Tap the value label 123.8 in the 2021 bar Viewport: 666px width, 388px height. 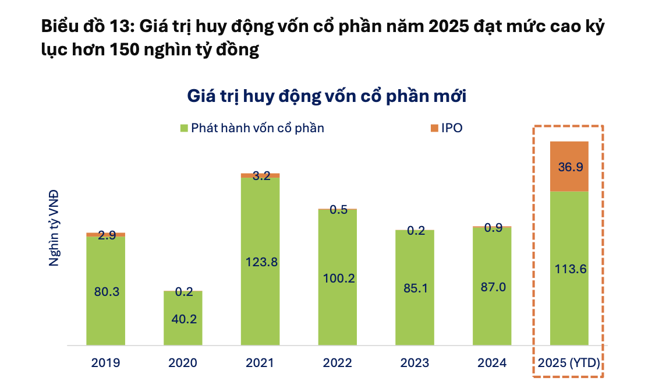click(260, 262)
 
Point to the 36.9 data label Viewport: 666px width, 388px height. click(569, 167)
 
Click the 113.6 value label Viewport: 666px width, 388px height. click(569, 269)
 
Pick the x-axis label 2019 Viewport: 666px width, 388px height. click(105, 364)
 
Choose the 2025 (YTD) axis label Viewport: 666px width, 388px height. click(569, 364)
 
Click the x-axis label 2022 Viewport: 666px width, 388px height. click(337, 364)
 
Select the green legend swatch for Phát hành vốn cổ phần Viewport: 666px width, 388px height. click(183, 128)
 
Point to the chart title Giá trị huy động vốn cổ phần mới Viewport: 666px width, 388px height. click(327, 96)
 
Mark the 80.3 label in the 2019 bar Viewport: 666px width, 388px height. click(106, 291)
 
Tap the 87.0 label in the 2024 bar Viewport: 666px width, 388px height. click(492, 288)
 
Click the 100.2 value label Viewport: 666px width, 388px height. click(338, 278)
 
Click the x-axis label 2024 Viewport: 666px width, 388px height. click(492, 364)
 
